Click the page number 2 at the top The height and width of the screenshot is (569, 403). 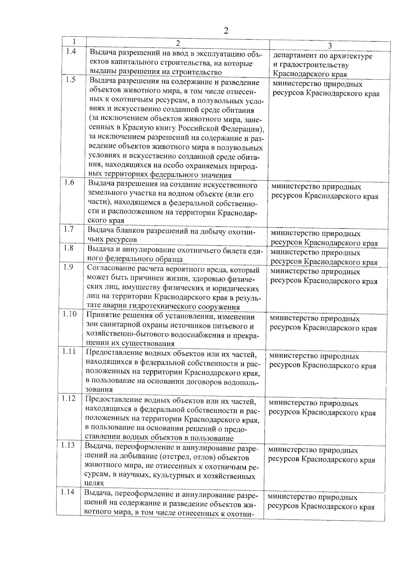[226, 31]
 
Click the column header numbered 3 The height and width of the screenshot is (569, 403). [330, 46]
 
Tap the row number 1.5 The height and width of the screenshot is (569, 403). [71, 80]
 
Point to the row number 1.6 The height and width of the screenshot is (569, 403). [69, 183]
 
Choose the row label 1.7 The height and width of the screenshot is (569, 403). [69, 229]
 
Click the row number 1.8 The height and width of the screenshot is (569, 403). [69, 248]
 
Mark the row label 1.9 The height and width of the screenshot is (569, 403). [68, 267]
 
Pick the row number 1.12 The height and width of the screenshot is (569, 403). [68, 398]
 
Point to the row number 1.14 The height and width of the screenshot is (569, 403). [68, 492]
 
